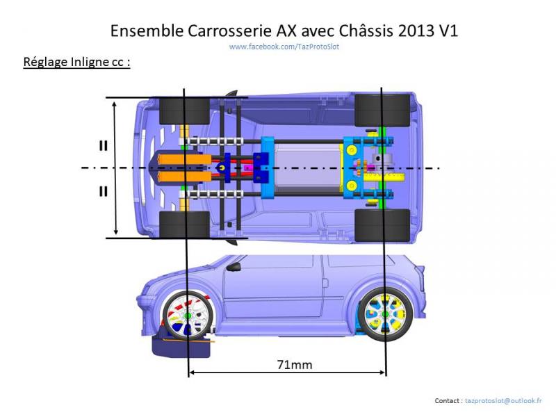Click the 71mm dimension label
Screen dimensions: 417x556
286,363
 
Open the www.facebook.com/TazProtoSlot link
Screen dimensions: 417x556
284,47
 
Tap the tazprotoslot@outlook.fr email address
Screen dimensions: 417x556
503,401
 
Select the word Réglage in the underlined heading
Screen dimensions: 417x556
46,62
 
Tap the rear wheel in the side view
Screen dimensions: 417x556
384,315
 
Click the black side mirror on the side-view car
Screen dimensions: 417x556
234,266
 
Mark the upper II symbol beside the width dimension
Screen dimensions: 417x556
103,146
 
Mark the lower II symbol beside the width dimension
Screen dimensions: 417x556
103,190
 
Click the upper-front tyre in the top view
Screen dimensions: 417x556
184,110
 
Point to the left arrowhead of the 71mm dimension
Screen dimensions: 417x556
193,373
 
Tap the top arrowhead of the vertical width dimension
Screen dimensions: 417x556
115,101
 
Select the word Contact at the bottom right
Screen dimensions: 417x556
448,401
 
